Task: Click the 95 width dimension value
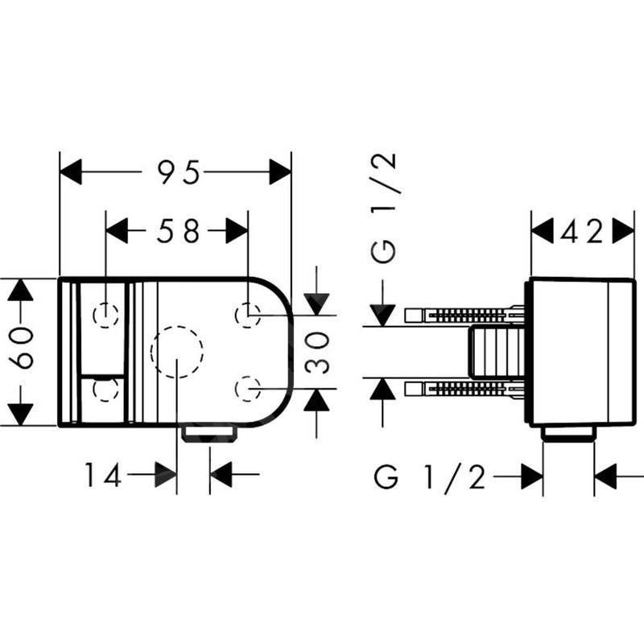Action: tap(179, 171)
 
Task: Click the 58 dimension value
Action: tap(178, 230)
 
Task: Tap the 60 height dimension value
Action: tap(21, 349)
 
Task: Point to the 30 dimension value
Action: tap(317, 353)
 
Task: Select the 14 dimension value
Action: tap(103, 474)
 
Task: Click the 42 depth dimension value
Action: tap(582, 231)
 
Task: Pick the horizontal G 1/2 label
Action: tap(430, 477)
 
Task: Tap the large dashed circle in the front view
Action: tap(176, 352)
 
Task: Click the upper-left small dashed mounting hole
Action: tap(105, 316)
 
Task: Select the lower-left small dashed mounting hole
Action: tap(105, 389)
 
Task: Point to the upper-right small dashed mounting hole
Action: tap(248, 315)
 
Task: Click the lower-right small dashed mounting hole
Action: tap(248, 388)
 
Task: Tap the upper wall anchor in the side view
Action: tap(464, 316)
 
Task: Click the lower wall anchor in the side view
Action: tap(464, 389)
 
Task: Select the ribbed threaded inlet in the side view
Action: tap(497, 352)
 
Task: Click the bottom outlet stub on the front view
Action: tap(209, 434)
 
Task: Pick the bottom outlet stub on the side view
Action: tap(568, 434)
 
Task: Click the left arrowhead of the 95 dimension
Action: tap(71, 171)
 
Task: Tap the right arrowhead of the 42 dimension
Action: tap(623, 231)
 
